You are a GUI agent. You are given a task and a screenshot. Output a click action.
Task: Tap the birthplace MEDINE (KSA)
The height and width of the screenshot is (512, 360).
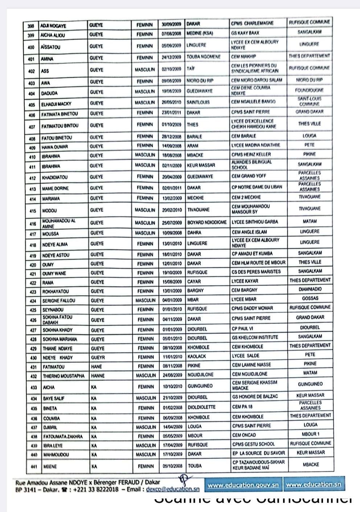point(200,34)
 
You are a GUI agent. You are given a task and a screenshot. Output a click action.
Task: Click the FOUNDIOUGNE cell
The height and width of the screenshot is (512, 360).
point(309,90)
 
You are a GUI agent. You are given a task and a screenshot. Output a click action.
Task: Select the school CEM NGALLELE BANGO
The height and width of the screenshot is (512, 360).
point(253,102)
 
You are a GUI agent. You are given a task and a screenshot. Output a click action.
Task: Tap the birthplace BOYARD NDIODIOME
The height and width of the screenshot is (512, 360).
point(207,222)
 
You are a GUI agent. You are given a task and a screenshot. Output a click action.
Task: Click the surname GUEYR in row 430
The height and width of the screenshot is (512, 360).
point(97,358)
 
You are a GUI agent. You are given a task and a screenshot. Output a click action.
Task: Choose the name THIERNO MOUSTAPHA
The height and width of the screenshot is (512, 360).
point(64,376)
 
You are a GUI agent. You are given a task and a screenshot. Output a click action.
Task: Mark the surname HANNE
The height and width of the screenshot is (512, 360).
point(98,376)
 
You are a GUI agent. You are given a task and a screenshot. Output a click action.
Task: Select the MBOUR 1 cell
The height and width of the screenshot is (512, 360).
point(310,434)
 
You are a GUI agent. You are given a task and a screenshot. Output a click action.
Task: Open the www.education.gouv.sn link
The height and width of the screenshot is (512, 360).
point(243,485)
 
